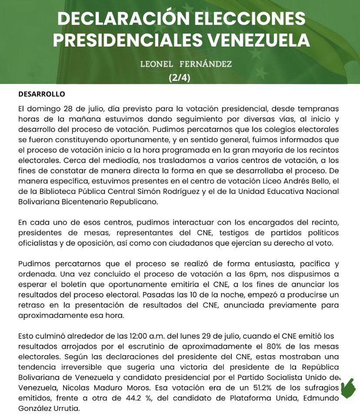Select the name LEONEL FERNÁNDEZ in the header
[186, 64]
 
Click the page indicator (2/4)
[179, 78]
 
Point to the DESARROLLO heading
[42, 94]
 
